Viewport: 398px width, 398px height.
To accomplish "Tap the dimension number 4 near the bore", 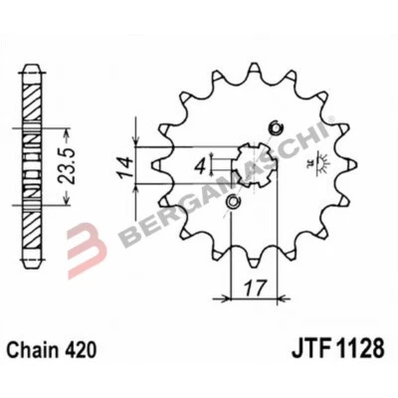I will (x=199, y=163).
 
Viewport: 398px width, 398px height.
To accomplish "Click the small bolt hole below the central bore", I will (x=232, y=204).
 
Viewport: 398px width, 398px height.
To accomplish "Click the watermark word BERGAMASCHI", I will (x=229, y=179).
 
